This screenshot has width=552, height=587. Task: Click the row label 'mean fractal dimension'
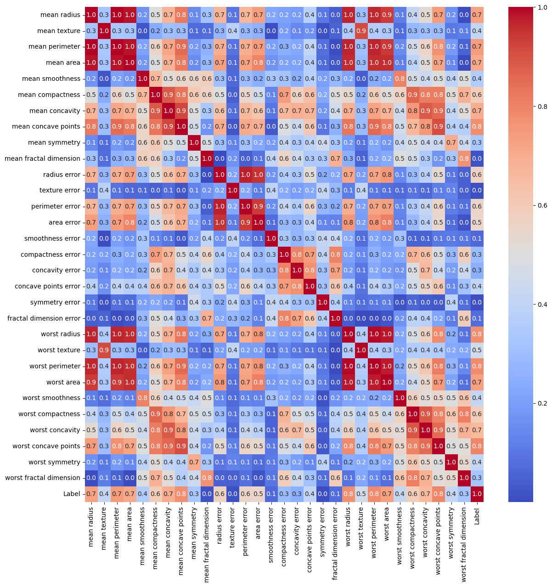point(42,158)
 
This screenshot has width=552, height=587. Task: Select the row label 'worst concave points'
point(47,446)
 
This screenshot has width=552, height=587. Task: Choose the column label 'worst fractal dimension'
point(464,544)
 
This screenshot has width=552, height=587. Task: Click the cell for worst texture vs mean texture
point(104,350)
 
